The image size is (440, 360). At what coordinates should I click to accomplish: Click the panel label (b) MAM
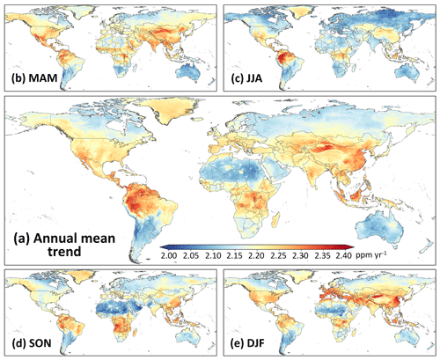pos(34,78)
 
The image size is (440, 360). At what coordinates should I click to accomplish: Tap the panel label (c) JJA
pos(246,78)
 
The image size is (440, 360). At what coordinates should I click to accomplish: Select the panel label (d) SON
pos(32,343)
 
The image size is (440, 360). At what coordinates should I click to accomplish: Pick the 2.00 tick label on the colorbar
pos(169,256)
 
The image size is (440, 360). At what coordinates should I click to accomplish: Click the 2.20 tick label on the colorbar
pos(256,256)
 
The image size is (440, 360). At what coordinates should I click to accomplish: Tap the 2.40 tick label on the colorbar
pos(343,256)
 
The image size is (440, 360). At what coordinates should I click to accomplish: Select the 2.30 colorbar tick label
pos(300,256)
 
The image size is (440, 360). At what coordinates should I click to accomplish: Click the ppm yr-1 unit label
pos(371,255)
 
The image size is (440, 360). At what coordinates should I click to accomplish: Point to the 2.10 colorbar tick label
pos(213,256)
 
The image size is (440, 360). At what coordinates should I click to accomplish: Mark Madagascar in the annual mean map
pos(275,220)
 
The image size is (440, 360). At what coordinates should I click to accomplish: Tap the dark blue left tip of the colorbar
pos(162,247)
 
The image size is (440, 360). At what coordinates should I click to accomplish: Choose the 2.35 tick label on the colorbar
pos(322,256)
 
